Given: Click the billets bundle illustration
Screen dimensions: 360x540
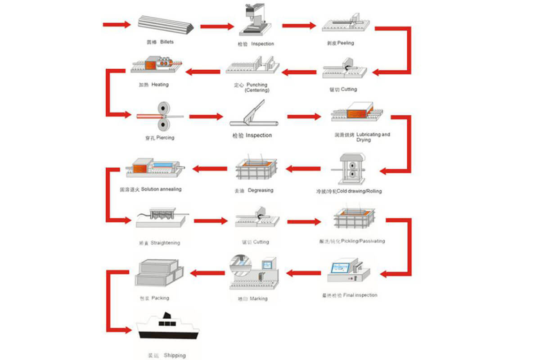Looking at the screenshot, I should tap(165, 24).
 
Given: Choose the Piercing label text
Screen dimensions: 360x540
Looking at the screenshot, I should tap(159, 138).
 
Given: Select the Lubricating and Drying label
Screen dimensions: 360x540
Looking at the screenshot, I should tap(362, 137).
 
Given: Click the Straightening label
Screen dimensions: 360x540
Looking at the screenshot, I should tap(159, 243).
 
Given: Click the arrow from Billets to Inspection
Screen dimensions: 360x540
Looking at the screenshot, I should tap(217, 27).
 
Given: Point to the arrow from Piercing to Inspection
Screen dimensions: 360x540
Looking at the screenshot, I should tap(206, 117).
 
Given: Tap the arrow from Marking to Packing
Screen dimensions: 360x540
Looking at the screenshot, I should tap(207, 273).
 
